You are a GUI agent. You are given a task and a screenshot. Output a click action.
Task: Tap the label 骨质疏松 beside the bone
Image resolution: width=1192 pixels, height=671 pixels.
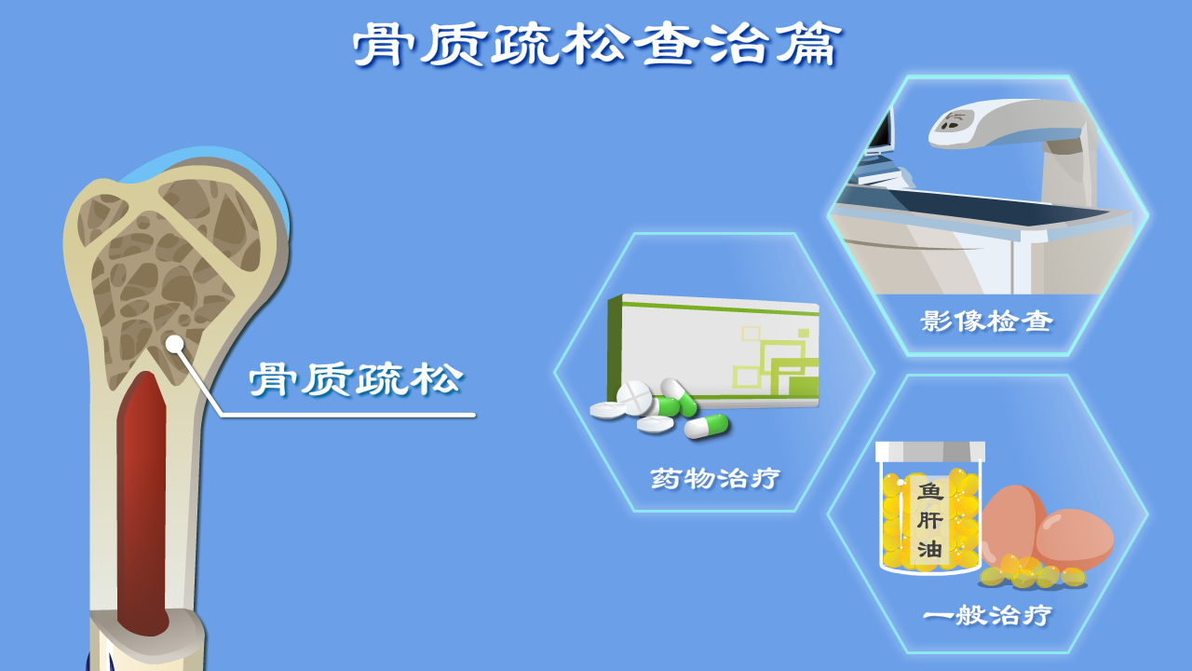(356, 379)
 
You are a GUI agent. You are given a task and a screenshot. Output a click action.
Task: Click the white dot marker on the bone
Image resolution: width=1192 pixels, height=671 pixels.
(174, 344)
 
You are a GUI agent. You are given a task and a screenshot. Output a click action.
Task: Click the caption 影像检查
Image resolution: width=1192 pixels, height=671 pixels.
(986, 322)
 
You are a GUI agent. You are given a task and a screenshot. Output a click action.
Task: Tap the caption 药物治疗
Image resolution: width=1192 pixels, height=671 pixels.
(714, 478)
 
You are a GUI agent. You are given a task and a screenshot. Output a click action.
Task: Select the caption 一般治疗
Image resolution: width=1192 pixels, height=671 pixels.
(988, 615)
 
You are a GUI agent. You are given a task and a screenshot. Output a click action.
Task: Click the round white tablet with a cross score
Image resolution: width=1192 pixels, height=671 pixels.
(634, 397)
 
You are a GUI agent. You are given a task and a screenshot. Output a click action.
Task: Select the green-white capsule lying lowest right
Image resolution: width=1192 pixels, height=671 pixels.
(707, 426)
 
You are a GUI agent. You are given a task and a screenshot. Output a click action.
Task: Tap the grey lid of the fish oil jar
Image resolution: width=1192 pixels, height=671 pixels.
(930, 452)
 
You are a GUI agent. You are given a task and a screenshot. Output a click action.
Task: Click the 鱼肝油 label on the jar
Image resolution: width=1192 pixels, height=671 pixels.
(929, 520)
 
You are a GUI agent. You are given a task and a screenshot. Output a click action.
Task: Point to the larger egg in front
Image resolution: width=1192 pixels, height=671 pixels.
(1075, 539)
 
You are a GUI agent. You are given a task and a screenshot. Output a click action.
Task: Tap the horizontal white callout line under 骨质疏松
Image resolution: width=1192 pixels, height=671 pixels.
(348, 415)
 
